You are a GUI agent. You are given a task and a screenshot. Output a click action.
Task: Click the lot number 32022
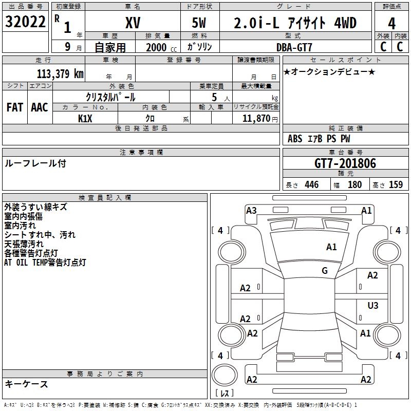pyautogui.click(x=25, y=22)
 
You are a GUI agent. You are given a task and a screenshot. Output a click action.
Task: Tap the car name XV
pyautogui.click(x=133, y=23)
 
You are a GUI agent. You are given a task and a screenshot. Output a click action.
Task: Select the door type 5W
pyautogui.click(x=199, y=23)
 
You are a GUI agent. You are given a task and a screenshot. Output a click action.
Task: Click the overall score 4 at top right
pyautogui.click(x=391, y=24)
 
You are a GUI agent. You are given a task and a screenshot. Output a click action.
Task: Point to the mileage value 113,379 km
pyautogui.click(x=60, y=74)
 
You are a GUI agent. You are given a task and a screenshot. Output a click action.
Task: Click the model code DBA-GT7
pyautogui.click(x=294, y=47)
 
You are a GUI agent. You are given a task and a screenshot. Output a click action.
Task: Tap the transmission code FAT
pyautogui.click(x=15, y=107)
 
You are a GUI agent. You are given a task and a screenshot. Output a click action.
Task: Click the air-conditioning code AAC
pyautogui.click(x=40, y=107)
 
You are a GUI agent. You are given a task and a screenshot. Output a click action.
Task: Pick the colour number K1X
pyautogui.click(x=85, y=119)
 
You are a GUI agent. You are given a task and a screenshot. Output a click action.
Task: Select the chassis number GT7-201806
pyautogui.click(x=345, y=163)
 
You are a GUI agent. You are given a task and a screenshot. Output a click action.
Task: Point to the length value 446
pyautogui.click(x=312, y=184)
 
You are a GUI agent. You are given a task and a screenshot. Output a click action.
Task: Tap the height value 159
pyautogui.click(x=396, y=184)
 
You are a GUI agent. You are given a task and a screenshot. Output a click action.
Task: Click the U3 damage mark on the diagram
pyautogui.click(x=373, y=305)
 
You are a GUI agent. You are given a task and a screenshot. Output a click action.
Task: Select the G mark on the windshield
pyautogui.click(x=325, y=271)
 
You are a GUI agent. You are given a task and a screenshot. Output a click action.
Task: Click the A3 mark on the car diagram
pyautogui.click(x=251, y=211)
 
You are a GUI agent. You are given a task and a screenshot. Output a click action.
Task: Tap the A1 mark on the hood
pyautogui.click(x=331, y=247)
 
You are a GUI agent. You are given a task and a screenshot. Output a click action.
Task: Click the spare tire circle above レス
pyautogui.click(x=225, y=375)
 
